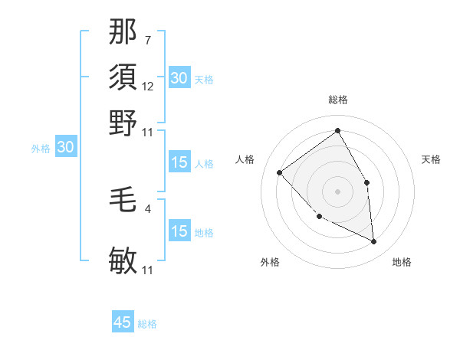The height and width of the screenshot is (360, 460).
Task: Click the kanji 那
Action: (x=123, y=33)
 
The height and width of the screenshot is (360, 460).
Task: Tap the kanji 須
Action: (x=123, y=77)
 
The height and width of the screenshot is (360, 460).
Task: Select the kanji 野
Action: (x=123, y=122)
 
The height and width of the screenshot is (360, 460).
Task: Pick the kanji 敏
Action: (x=123, y=261)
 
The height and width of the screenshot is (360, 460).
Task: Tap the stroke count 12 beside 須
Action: (x=148, y=87)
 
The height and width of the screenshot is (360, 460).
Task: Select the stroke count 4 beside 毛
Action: (x=147, y=208)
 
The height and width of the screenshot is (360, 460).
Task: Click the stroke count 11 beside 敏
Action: (x=148, y=270)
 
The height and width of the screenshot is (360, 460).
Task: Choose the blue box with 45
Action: (x=123, y=322)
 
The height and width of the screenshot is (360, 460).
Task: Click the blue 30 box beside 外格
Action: (x=65, y=148)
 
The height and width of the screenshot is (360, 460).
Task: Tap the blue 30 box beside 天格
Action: (x=179, y=78)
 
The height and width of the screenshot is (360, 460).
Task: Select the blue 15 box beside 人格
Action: (x=179, y=162)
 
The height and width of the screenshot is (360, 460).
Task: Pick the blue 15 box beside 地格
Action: (x=179, y=232)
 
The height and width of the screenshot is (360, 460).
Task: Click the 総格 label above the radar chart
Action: (x=337, y=100)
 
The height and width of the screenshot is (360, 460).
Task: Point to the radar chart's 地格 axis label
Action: (x=402, y=262)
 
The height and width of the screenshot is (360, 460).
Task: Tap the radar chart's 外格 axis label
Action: (x=270, y=262)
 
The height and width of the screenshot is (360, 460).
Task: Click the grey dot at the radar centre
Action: (x=337, y=191)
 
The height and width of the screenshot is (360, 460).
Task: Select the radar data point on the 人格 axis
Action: (x=280, y=172)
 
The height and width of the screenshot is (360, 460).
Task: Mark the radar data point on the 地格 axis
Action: (x=374, y=241)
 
